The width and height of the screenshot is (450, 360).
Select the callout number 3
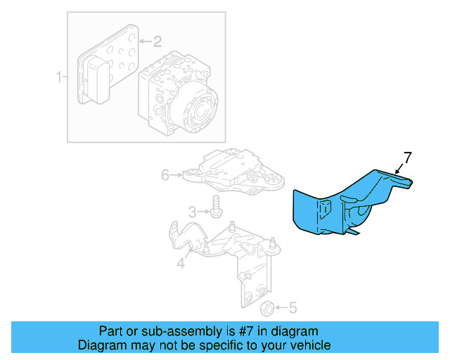point(191,212)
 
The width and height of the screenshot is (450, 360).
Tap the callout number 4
point(181,264)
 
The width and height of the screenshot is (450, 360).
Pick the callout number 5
point(293,307)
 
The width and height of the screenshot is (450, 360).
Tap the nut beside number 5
point(267,308)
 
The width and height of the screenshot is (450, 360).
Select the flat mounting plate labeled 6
point(232,174)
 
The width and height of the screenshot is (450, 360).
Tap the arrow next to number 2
point(143,41)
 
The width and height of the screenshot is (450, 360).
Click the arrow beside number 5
point(281,307)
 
